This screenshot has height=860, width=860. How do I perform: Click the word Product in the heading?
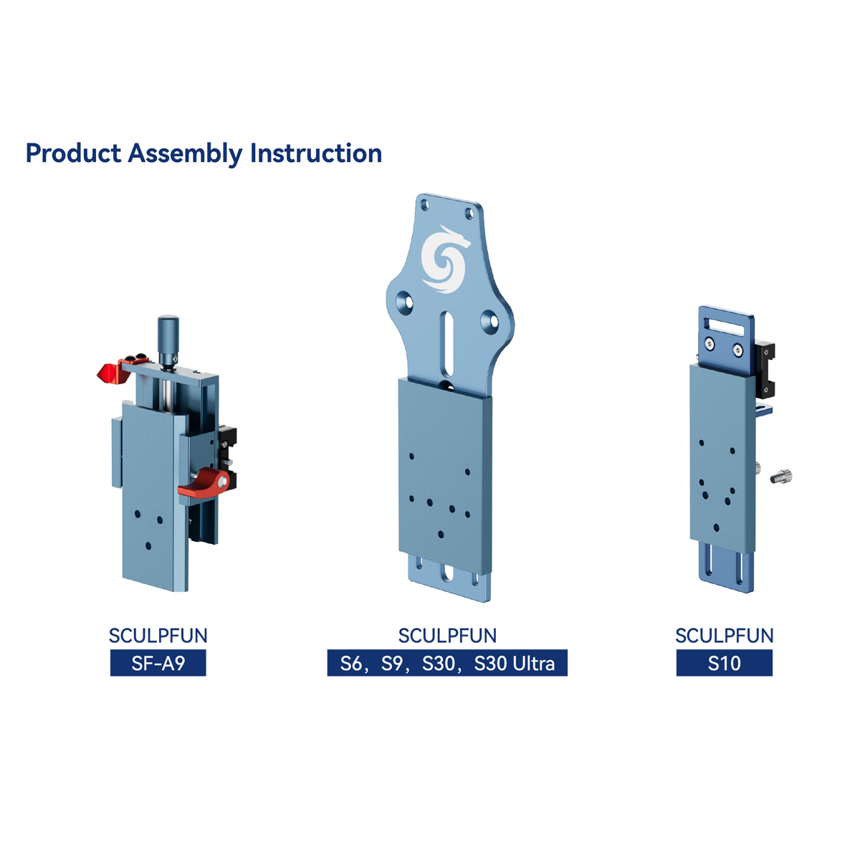(x=74, y=153)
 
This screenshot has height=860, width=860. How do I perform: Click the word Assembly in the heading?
(x=185, y=154)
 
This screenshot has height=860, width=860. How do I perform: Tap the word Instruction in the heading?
(x=316, y=153)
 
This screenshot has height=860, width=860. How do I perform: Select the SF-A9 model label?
(x=158, y=663)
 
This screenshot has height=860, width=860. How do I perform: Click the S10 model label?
(x=724, y=663)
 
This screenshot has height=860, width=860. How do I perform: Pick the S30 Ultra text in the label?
(x=514, y=663)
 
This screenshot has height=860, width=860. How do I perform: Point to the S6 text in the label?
(x=350, y=663)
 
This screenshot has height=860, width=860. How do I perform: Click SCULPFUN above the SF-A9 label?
(x=158, y=636)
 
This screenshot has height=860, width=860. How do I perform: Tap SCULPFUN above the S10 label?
(x=724, y=636)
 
